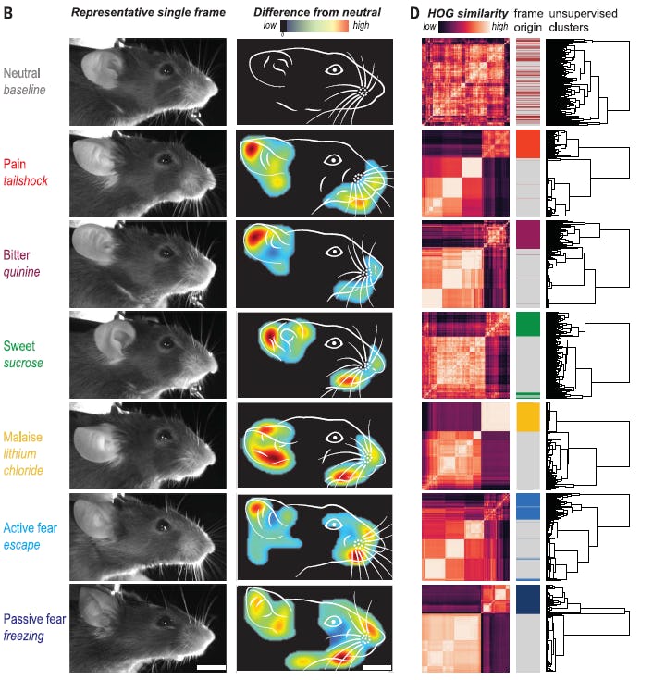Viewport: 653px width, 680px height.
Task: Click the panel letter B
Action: tap(8, 15)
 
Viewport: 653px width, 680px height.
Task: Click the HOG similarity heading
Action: tap(467, 15)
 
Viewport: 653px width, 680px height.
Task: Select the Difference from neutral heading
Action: tap(306, 15)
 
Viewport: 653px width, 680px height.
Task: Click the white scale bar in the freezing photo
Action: tap(211, 665)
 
